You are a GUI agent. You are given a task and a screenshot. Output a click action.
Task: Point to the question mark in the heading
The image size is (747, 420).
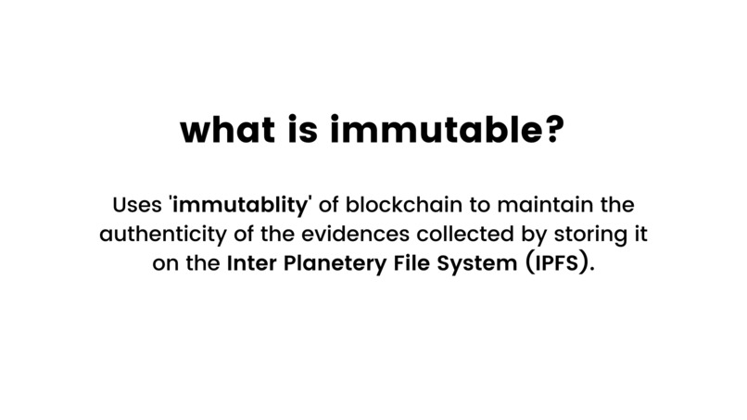click(550, 130)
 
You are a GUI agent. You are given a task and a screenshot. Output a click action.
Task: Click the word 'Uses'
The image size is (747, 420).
click(137, 203)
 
